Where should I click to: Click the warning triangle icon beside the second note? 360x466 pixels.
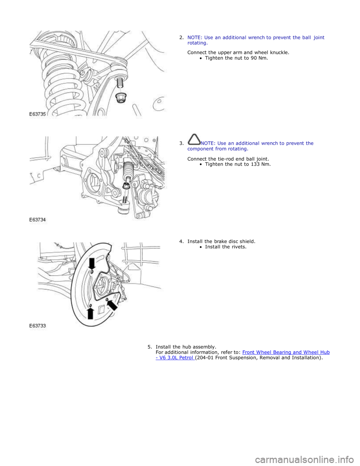coord(194,139)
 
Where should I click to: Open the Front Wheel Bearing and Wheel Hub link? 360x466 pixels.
coord(286,352)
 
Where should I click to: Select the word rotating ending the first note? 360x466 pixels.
coord(196,43)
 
